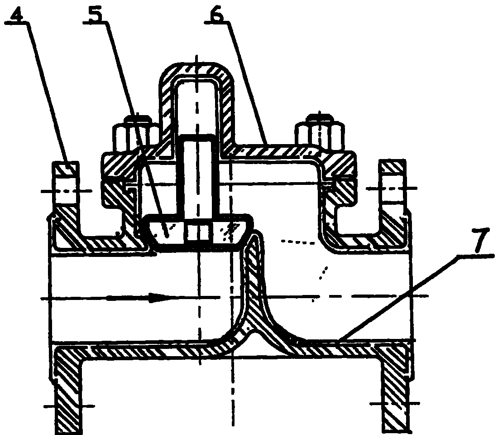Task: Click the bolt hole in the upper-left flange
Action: pos(66,190)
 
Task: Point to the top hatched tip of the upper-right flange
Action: pos(393,167)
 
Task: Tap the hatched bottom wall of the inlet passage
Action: pos(143,351)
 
